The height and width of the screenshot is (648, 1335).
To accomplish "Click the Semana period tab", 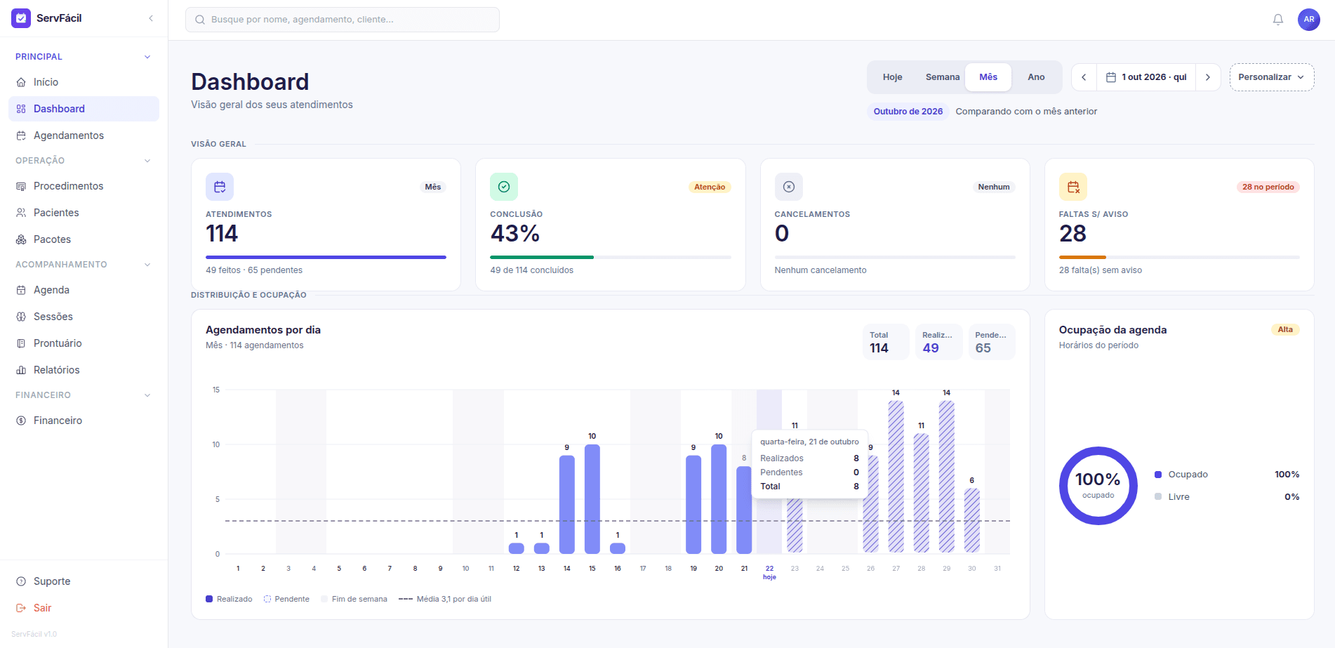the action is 942,77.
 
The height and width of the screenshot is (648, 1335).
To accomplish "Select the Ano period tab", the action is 1036,77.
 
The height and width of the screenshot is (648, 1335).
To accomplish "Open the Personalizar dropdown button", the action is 1271,77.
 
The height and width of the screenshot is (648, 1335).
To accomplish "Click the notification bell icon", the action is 1277,20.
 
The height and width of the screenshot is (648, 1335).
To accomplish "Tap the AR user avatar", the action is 1308,20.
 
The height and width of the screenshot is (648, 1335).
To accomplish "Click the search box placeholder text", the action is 303,20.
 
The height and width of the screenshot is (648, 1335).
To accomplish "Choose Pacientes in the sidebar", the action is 56,213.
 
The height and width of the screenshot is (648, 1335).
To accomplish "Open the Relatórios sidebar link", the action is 56,370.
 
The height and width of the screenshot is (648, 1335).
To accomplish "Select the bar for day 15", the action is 592,498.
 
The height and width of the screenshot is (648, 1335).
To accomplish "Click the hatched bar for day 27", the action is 896,477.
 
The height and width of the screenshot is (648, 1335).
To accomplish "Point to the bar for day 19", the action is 693,504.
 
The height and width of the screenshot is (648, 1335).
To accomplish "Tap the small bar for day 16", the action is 618,548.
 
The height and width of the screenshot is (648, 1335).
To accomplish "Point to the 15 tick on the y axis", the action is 216,390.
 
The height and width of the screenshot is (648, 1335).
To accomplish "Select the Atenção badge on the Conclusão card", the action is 710,187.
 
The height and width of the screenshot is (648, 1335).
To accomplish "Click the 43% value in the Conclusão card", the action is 514,233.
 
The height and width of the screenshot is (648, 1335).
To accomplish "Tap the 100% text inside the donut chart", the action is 1098,480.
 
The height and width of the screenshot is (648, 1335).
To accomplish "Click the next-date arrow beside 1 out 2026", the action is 1208,77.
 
